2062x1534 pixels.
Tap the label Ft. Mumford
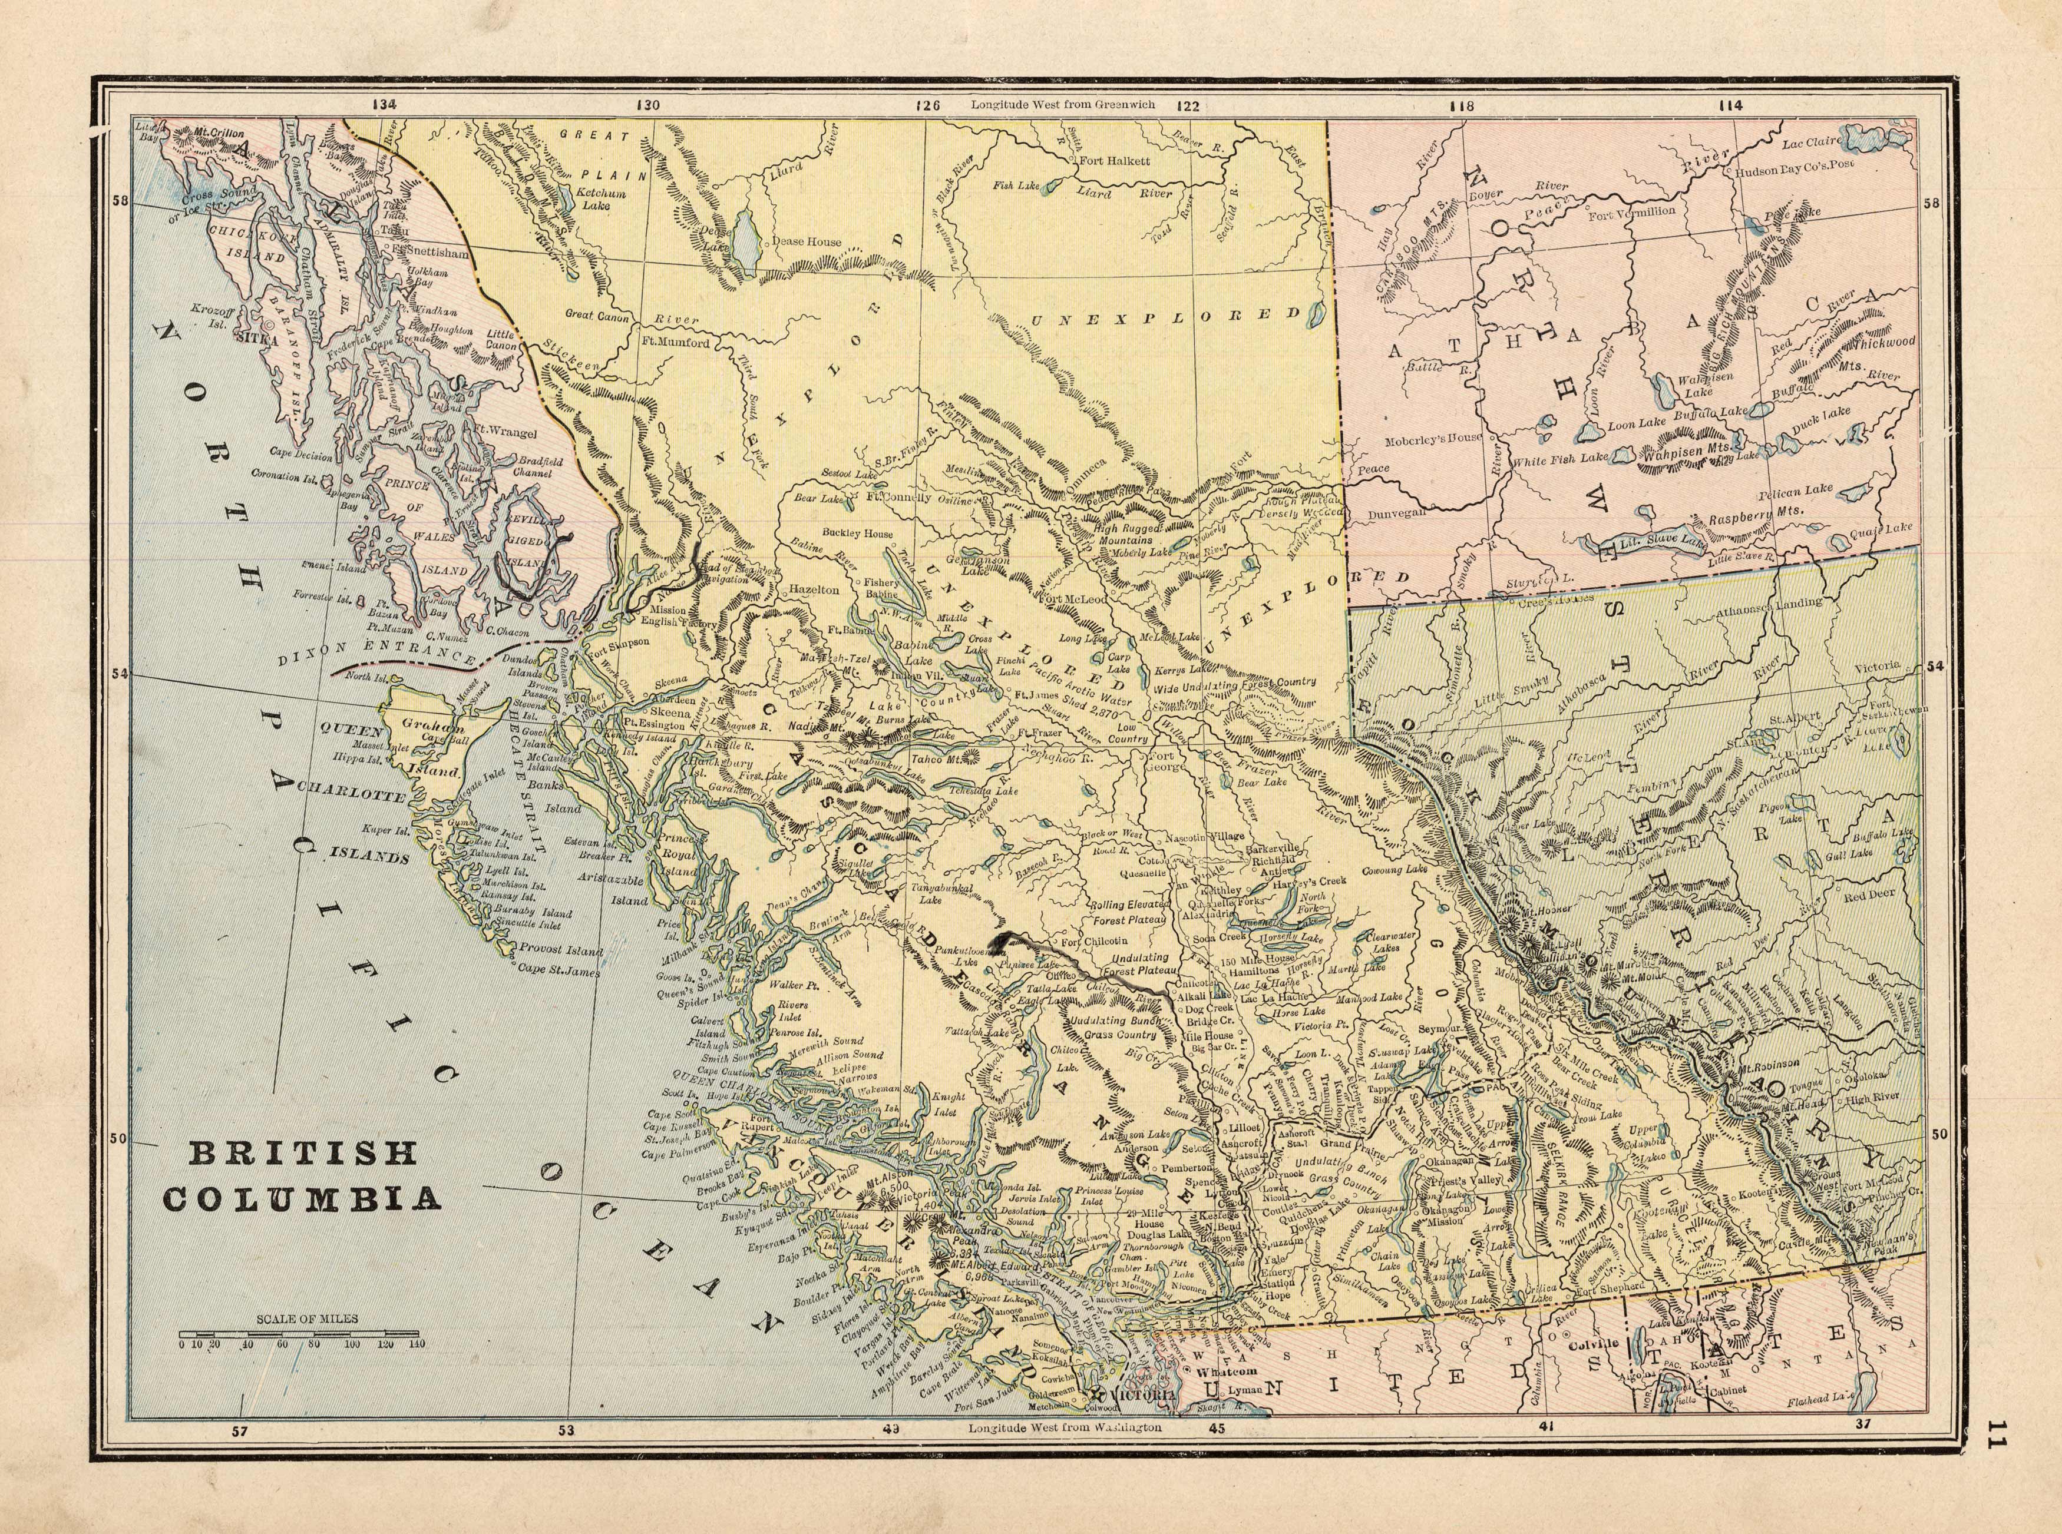676,343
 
